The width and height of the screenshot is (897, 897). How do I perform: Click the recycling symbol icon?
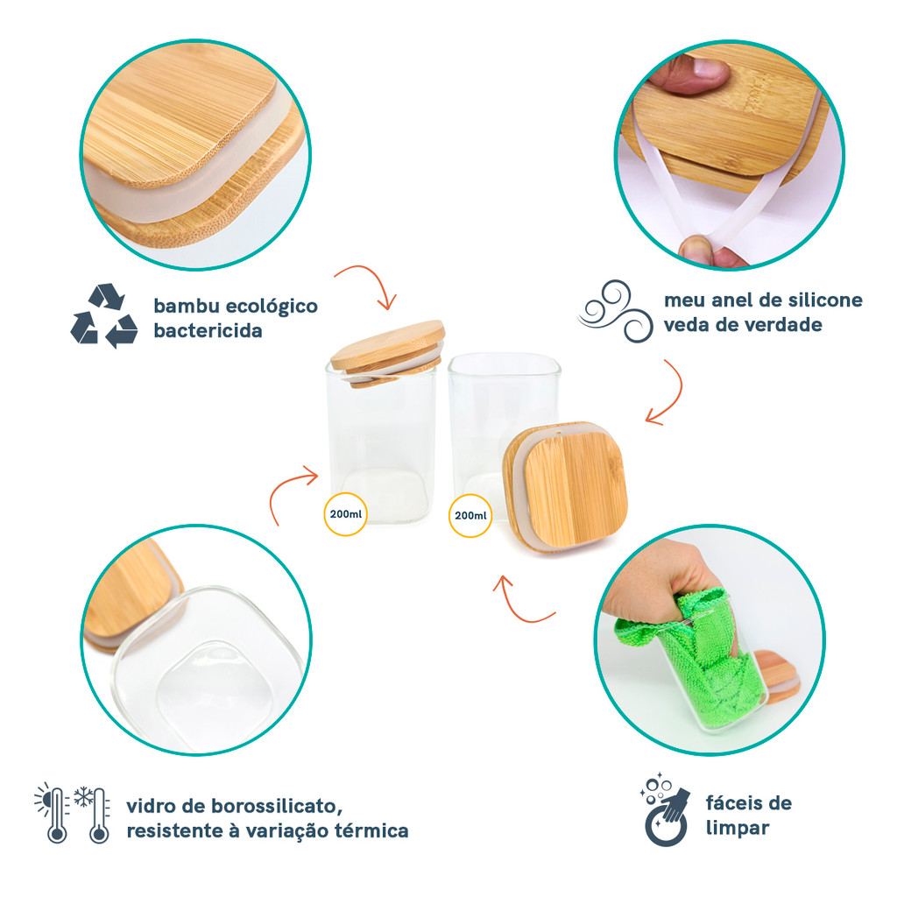(104, 315)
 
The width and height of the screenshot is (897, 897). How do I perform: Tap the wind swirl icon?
(616, 311)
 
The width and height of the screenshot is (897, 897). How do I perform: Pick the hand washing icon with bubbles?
(665, 809)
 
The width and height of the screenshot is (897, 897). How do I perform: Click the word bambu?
(187, 306)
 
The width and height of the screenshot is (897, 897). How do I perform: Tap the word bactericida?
(208, 330)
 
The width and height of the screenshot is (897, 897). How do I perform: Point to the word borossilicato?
(277, 806)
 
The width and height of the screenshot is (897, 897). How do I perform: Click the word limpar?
(738, 829)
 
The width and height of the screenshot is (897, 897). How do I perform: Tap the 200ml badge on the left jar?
(345, 513)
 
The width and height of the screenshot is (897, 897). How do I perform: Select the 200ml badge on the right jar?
(470, 515)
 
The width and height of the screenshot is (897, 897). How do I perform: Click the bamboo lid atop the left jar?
(387, 352)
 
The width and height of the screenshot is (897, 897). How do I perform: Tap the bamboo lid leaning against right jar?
(565, 487)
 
